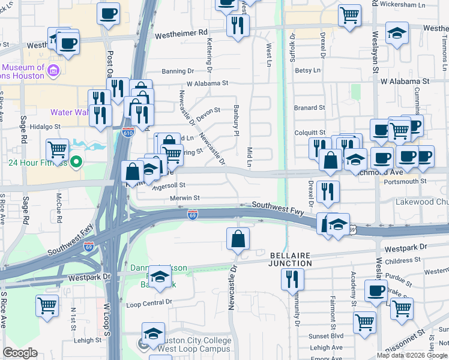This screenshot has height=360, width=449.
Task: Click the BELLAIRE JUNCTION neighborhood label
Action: click(x=290, y=259)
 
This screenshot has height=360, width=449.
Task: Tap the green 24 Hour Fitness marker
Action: click(x=76, y=161)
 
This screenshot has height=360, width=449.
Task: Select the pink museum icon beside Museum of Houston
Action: click(x=53, y=71)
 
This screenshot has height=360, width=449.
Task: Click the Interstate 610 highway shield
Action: click(x=128, y=131)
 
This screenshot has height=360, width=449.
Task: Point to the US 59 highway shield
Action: click(x=354, y=229)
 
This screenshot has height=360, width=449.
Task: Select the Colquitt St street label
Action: click(x=310, y=133)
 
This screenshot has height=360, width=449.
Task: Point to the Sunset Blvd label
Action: click(x=327, y=337)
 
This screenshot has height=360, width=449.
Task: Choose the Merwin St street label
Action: click(x=184, y=198)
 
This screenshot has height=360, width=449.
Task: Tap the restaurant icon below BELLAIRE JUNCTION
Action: click(x=292, y=278)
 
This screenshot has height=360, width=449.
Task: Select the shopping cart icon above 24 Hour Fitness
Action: click(x=57, y=148)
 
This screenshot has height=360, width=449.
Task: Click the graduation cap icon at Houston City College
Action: click(x=153, y=333)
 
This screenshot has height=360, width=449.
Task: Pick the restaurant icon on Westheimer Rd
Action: click(x=238, y=25)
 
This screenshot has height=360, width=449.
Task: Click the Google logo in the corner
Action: click(x=20, y=353)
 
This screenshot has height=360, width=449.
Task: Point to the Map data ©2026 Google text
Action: click(x=411, y=355)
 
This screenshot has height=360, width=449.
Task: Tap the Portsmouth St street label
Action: click(x=406, y=181)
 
